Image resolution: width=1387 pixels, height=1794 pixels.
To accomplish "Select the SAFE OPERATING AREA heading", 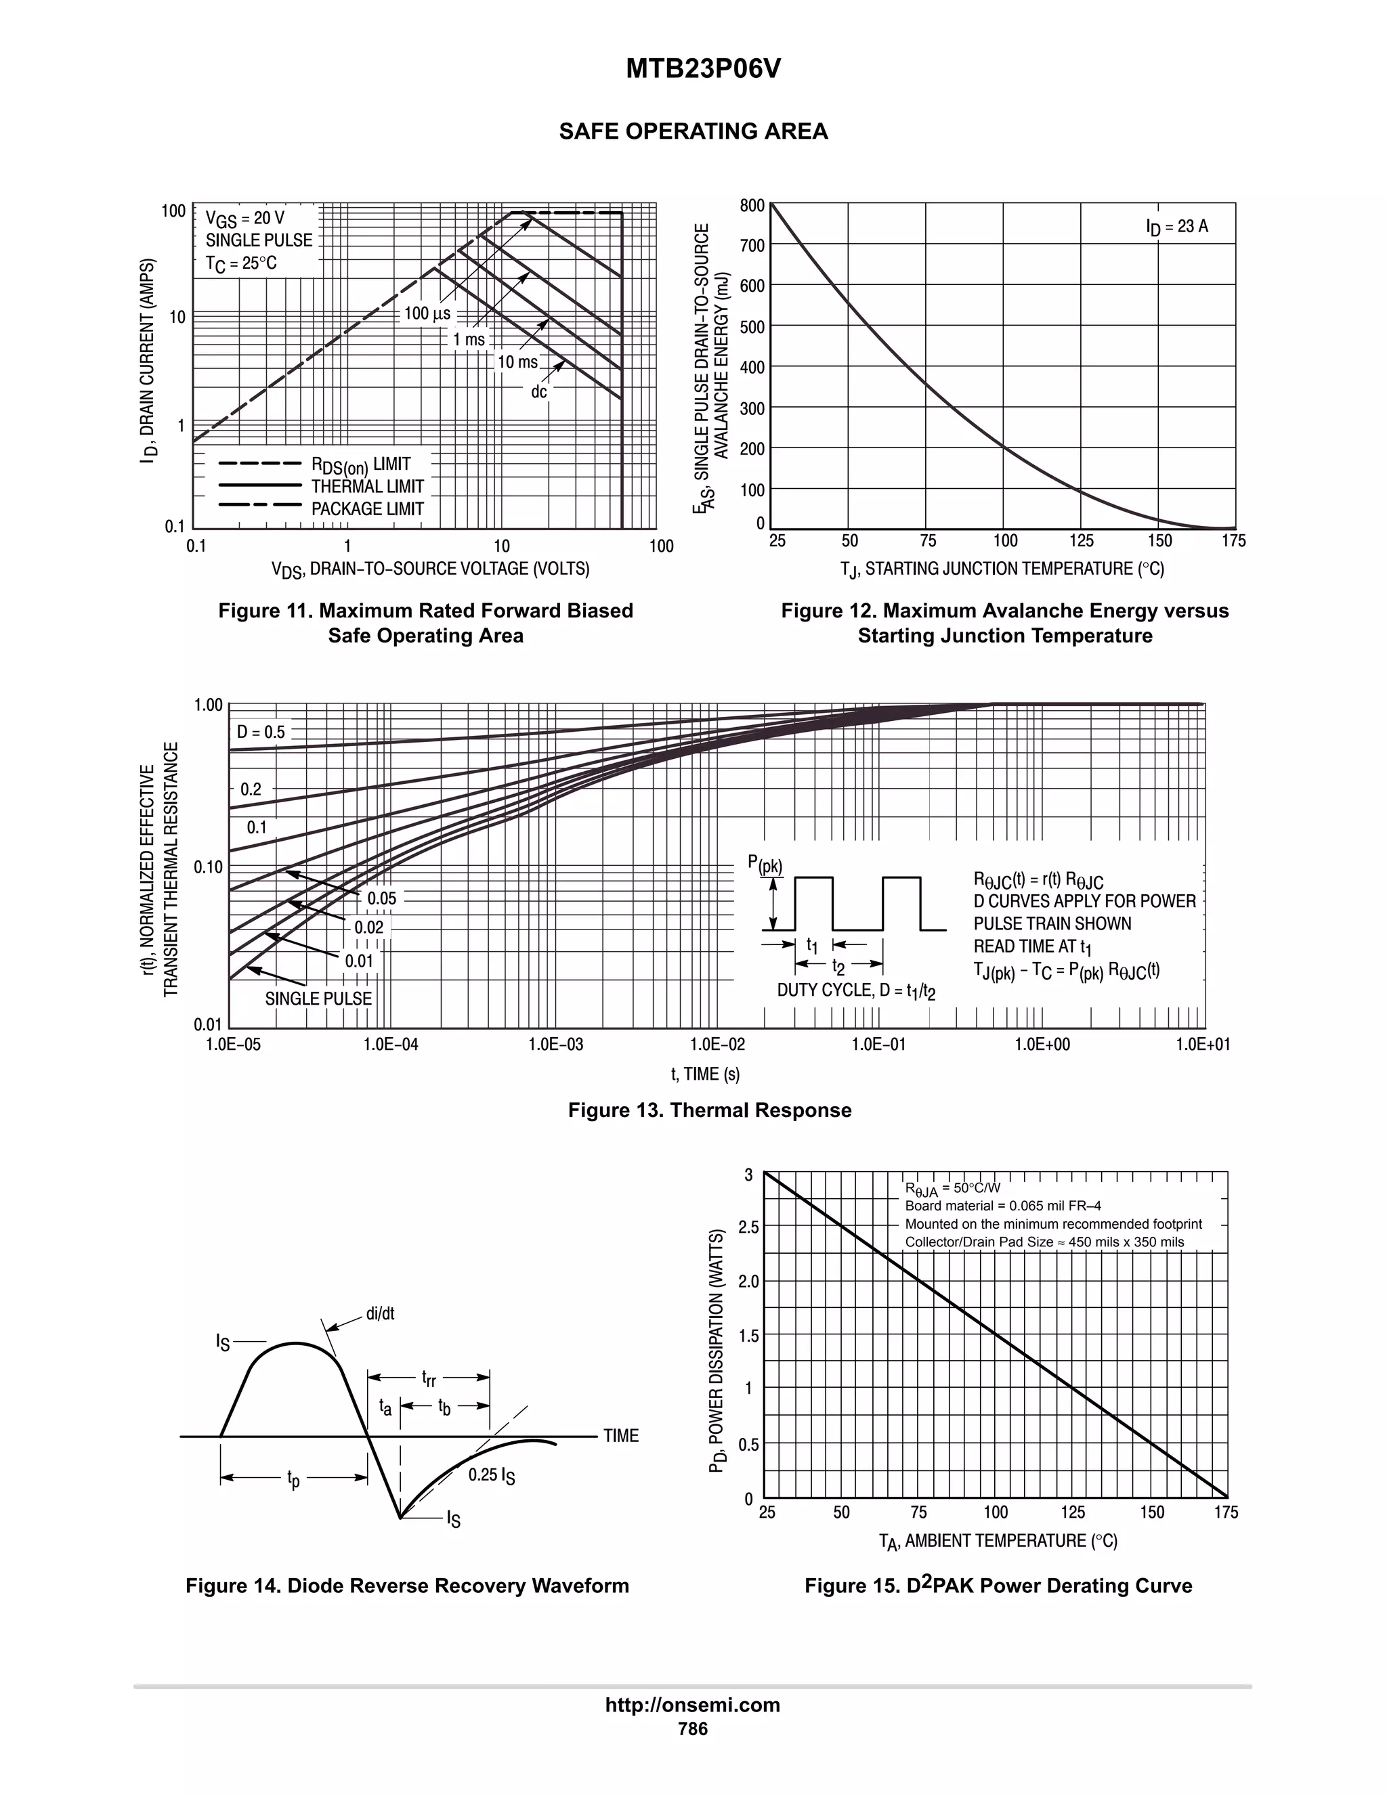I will tap(693, 131).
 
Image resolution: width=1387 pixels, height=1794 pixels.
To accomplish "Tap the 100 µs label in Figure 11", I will tap(427, 313).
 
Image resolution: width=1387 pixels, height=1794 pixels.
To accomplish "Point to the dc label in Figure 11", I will tap(538, 392).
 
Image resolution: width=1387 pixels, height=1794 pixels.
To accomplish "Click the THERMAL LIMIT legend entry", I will tap(366, 486).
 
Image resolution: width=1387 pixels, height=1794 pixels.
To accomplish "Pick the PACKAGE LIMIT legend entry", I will tap(366, 508).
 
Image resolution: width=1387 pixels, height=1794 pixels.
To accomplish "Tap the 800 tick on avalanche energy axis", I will tap(751, 205).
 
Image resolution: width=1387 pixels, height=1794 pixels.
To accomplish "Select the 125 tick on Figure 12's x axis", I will tap(1082, 540).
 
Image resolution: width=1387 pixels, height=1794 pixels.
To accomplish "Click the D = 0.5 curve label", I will tap(261, 732).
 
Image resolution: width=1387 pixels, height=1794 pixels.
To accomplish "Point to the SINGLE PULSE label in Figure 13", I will tap(318, 998).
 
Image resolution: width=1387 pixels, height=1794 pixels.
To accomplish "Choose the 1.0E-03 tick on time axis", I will tap(555, 1044).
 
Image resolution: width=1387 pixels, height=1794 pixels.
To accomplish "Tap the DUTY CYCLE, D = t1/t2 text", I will tap(856, 990).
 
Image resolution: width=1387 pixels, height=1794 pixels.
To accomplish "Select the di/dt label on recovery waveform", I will tap(380, 1313).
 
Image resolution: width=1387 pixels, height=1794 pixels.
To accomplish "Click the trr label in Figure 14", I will tap(428, 1378).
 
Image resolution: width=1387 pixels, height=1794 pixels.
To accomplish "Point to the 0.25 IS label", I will tap(492, 1475).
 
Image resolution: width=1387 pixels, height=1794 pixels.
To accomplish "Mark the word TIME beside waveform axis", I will tap(620, 1436).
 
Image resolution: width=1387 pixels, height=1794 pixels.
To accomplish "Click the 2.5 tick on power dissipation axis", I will tap(748, 1227).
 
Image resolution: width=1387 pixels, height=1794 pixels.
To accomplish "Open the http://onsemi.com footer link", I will tap(692, 1705).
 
